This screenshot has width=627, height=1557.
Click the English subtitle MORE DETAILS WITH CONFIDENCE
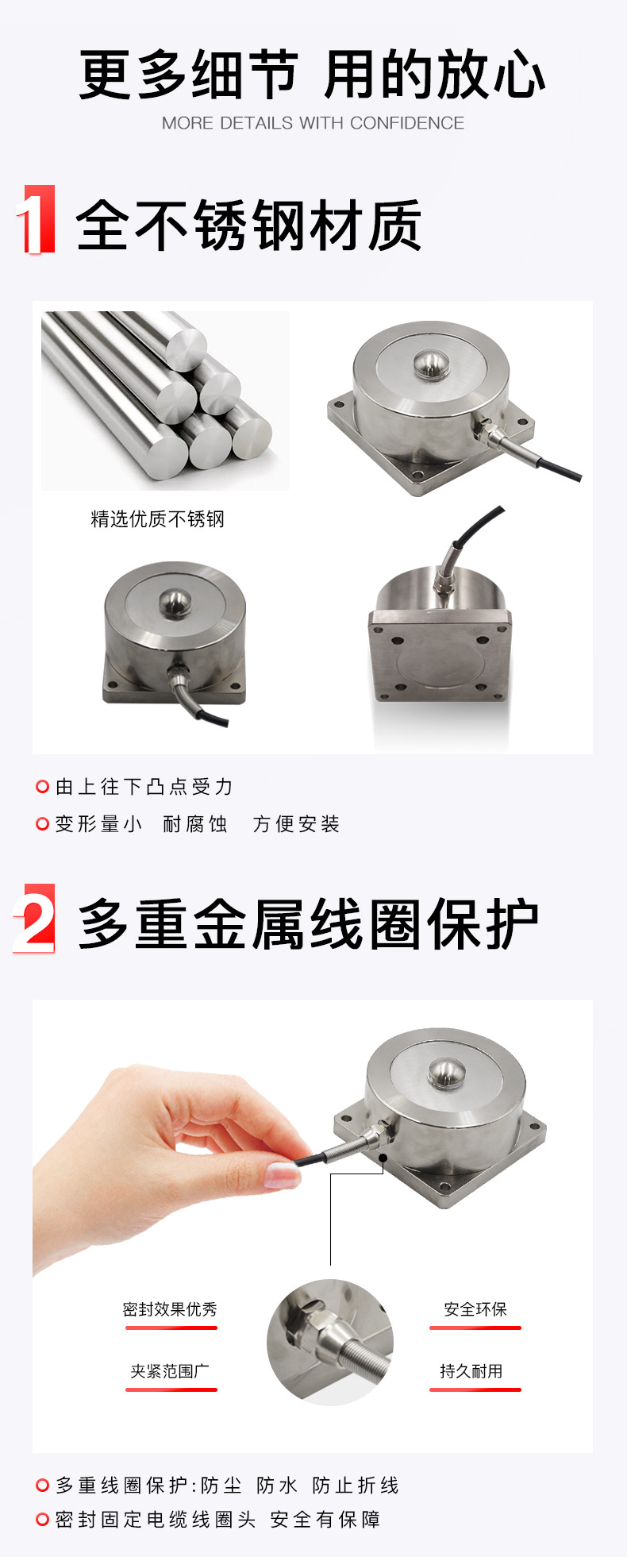(313, 123)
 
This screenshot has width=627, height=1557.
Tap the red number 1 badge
(36, 220)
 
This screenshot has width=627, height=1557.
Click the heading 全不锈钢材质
(248, 226)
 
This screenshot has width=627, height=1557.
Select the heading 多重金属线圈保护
(309, 924)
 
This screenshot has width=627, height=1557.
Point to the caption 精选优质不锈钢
(158, 519)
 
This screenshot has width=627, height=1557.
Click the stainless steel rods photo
(164, 399)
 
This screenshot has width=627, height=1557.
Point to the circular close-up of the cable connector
(330, 1343)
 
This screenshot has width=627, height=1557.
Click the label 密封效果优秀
(170, 1309)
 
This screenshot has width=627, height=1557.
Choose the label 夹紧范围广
(170, 1371)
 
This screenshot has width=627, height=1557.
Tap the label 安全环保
(475, 1309)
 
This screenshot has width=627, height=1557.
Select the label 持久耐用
(471, 1371)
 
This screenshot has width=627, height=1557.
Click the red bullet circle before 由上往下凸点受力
(43, 787)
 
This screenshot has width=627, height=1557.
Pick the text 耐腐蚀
(195, 824)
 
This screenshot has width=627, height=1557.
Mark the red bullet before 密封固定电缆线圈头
(43, 1520)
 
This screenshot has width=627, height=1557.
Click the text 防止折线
(356, 1486)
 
